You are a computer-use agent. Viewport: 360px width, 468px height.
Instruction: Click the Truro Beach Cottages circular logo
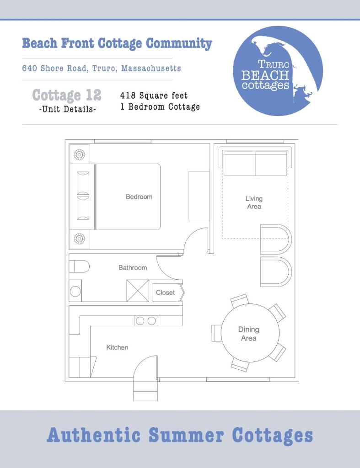coord(278,71)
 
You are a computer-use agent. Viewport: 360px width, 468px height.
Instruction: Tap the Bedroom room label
coord(139,197)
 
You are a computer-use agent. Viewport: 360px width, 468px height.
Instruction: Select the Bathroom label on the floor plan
coord(133,267)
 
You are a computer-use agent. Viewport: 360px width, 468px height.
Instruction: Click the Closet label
coord(165,292)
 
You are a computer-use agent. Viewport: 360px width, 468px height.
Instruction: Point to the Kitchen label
coord(118,347)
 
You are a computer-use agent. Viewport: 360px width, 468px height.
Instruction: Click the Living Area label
coord(254,202)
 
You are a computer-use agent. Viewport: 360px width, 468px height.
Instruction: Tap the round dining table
coord(250,333)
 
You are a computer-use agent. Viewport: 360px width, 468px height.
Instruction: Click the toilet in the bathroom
coord(79,266)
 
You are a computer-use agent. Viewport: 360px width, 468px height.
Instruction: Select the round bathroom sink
coord(75,291)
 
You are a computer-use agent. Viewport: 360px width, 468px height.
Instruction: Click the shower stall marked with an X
coord(138,290)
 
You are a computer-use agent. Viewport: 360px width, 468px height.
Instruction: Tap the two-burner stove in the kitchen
coord(146,321)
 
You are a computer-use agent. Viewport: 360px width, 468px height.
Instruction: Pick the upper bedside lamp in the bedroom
coord(80,154)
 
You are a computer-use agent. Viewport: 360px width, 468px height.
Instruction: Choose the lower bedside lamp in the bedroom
coord(80,239)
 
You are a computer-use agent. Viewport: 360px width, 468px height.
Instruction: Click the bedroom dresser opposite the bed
coord(199,196)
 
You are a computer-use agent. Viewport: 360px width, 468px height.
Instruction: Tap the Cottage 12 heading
coord(67,95)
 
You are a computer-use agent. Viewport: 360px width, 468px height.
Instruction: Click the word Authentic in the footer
coord(94,435)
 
